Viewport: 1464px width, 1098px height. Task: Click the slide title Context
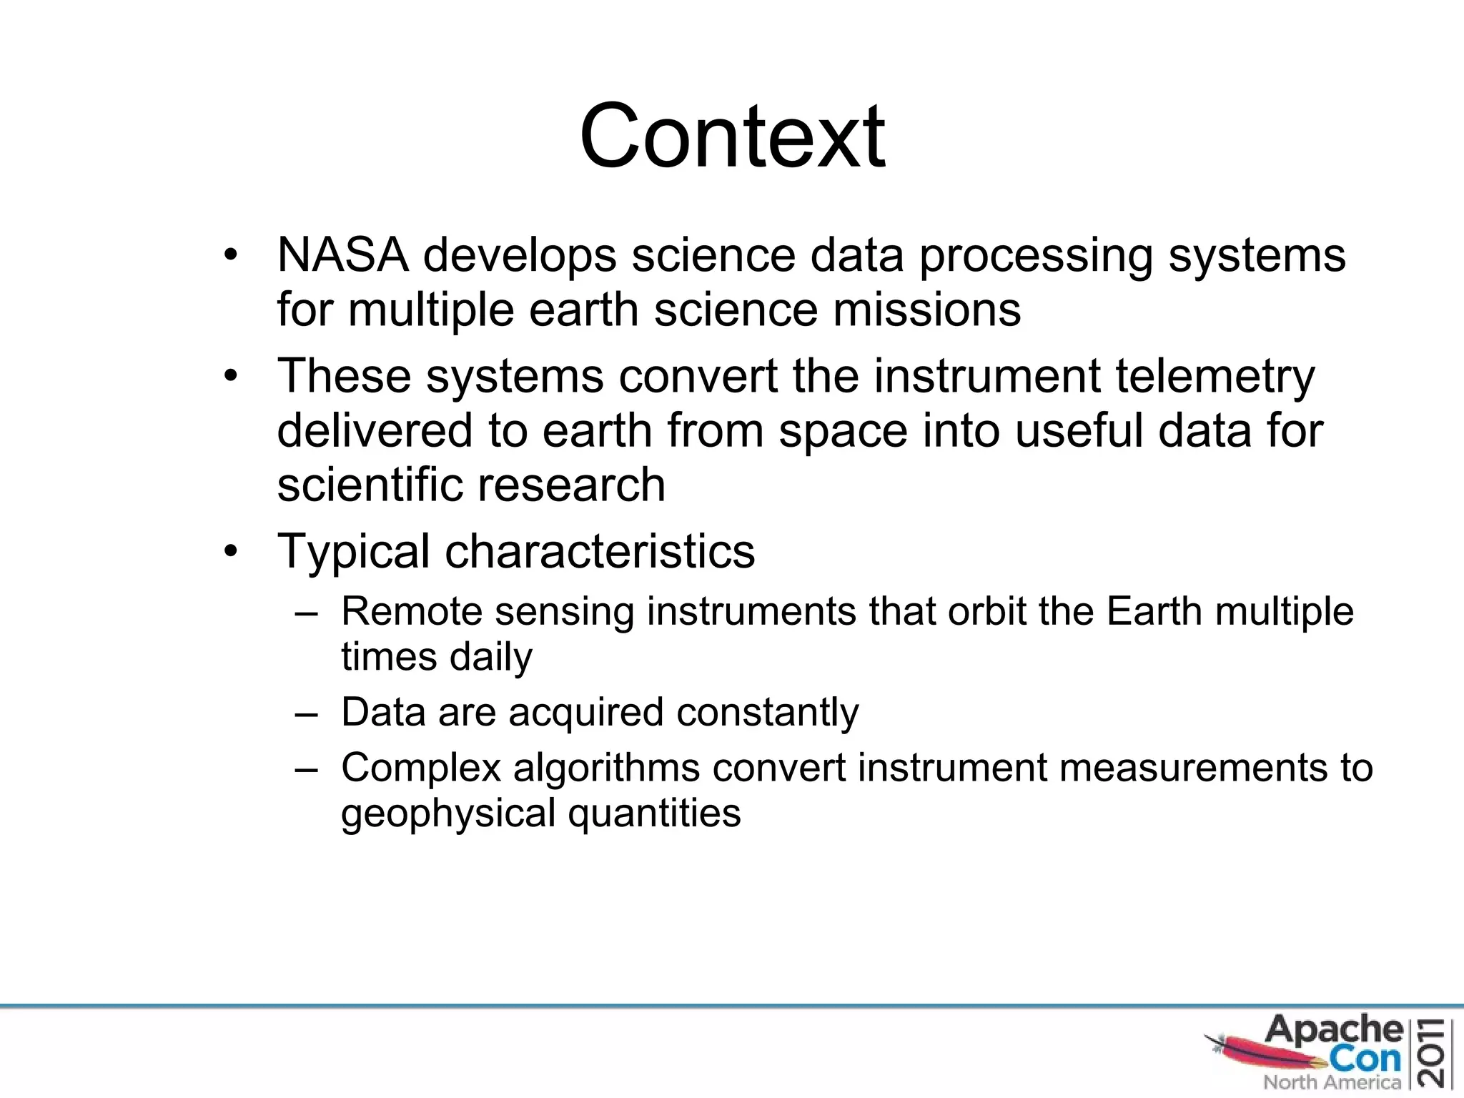click(732, 136)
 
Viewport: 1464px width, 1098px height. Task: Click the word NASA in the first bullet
click(342, 255)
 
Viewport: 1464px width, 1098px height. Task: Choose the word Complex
click(421, 768)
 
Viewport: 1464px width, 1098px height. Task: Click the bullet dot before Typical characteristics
click(229, 552)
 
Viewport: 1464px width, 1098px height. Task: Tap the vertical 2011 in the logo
click(1435, 1052)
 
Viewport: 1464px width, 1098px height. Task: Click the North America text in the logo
click(1332, 1082)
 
